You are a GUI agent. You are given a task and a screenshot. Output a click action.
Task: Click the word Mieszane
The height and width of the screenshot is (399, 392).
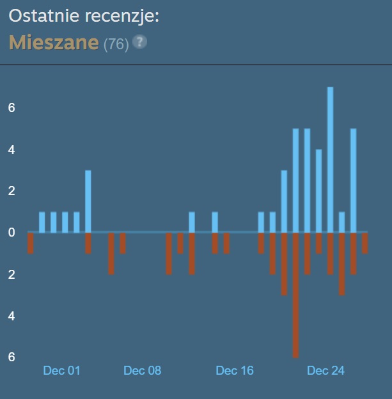click(54, 43)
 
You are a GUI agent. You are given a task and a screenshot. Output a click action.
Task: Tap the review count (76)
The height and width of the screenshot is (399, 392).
click(116, 44)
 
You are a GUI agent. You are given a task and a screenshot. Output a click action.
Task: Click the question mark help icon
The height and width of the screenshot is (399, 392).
click(139, 42)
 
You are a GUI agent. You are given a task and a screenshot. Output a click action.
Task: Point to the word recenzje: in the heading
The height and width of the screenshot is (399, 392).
click(122, 16)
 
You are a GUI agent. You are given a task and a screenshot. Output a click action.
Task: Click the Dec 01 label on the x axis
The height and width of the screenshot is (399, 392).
click(61, 370)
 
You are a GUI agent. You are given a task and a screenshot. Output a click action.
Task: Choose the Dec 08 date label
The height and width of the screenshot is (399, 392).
click(142, 370)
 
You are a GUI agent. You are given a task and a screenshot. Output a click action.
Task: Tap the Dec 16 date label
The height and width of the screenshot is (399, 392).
click(235, 370)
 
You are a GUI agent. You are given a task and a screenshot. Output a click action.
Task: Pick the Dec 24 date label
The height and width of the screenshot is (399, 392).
click(325, 370)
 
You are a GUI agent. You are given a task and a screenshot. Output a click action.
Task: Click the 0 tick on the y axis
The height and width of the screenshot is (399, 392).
click(12, 232)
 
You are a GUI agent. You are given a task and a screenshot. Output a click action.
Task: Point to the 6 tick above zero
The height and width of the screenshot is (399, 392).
click(12, 108)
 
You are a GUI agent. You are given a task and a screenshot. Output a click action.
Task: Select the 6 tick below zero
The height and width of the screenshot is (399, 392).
click(12, 357)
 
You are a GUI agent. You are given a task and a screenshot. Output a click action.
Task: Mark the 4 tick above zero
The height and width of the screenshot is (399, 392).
click(12, 150)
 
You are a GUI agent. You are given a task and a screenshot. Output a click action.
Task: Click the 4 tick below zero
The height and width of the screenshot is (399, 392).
click(12, 316)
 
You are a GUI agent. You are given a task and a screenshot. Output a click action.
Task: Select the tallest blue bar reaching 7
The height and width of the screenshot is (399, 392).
click(330, 159)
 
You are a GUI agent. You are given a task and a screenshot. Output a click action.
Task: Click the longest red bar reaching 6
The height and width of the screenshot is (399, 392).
click(295, 294)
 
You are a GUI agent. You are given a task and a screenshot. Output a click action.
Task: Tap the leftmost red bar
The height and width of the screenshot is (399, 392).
click(30, 242)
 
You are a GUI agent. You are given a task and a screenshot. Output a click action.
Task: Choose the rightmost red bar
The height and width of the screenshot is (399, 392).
click(365, 242)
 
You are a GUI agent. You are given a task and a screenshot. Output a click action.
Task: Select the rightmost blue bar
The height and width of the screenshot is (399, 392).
click(353, 180)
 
